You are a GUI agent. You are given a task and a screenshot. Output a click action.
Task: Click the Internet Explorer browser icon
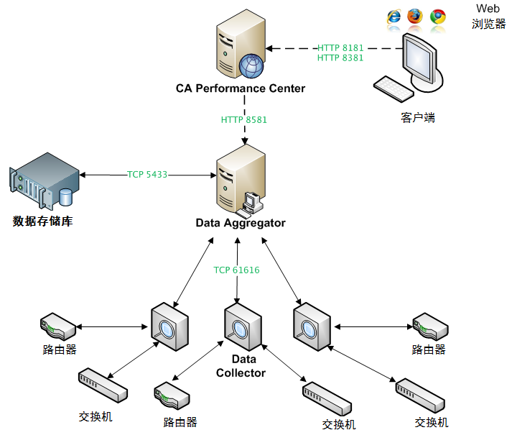pos(394,17)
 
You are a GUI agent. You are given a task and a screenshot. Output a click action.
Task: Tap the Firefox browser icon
pos(415,17)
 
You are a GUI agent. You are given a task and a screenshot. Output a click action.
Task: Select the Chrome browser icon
pos(437,17)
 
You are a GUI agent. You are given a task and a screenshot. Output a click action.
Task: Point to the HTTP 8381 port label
pos(340,58)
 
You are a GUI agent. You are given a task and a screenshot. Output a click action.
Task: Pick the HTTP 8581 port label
pos(243,119)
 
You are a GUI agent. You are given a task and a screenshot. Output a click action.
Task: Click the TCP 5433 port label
pos(147,174)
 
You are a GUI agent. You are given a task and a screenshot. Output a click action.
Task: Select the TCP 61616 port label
pos(236,270)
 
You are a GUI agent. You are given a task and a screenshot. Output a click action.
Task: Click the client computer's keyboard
pos(393,90)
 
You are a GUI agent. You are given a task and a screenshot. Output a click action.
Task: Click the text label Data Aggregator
pos(241,223)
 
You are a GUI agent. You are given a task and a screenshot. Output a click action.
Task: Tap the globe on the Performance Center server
pos(251,65)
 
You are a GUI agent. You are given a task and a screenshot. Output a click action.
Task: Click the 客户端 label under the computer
pos(417,117)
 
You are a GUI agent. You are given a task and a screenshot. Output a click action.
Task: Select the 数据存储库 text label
pos(42,221)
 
